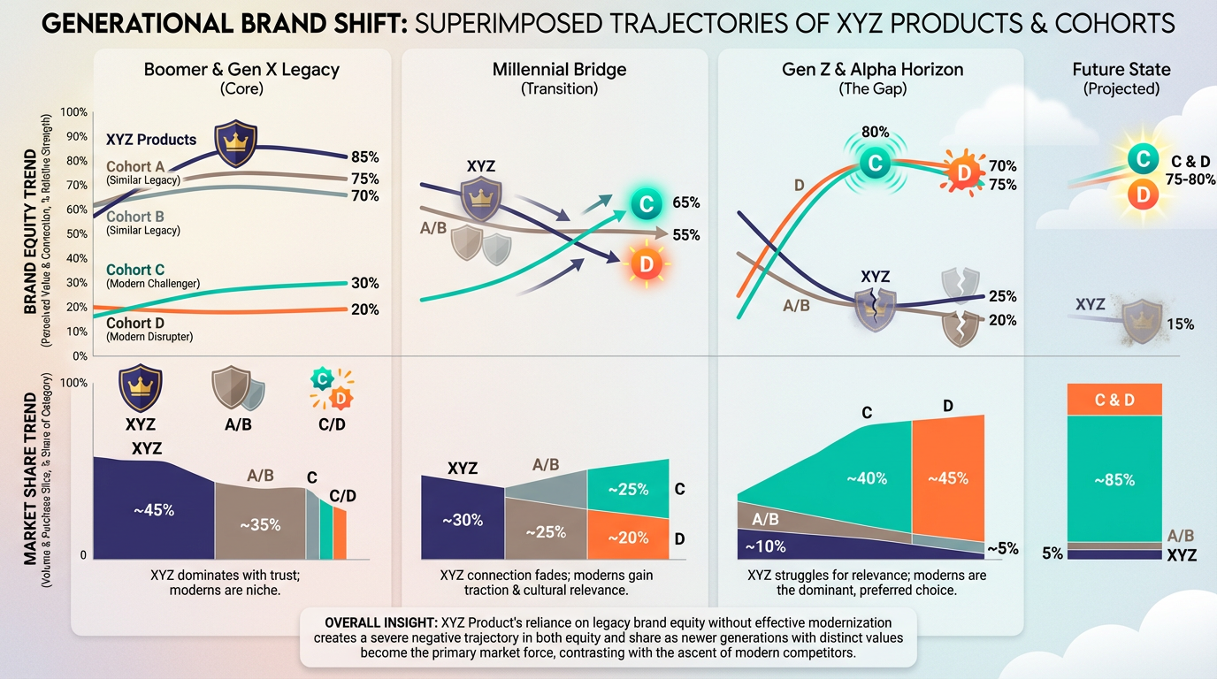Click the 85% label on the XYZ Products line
[364, 157]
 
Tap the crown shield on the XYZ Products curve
[235, 145]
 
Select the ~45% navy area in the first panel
[154, 510]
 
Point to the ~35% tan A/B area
[260, 523]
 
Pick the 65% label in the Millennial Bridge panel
[685, 202]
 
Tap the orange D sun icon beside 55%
[645, 262]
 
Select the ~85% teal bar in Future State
[1114, 479]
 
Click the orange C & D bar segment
[1114, 400]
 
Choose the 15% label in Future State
[1180, 324]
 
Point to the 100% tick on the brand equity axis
[74, 112]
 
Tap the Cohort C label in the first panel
[135, 270]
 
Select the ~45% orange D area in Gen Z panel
[947, 478]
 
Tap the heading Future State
[1121, 69]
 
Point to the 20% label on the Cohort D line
[364, 309]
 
